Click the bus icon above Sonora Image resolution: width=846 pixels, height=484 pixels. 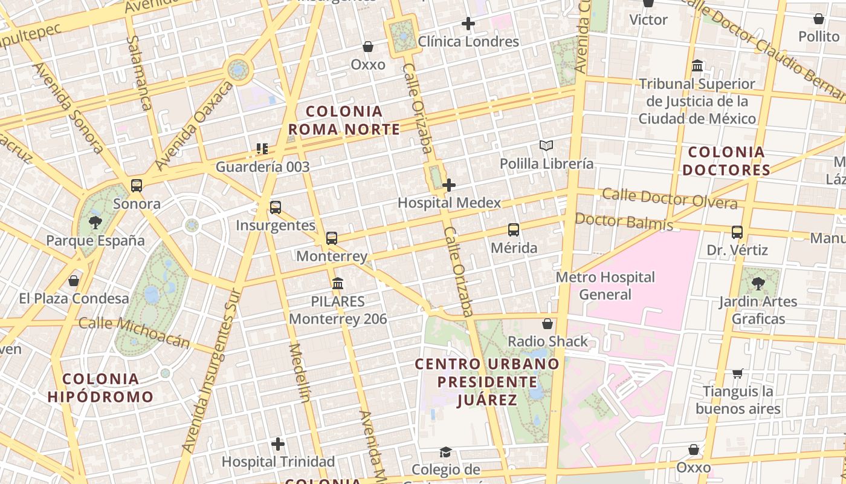pyautogui.click(x=137, y=186)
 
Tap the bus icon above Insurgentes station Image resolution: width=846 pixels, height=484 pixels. pyautogui.click(x=276, y=208)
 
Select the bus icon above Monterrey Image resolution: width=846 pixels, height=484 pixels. pyautogui.click(x=332, y=238)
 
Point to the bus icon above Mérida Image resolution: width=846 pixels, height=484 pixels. pyautogui.click(x=514, y=230)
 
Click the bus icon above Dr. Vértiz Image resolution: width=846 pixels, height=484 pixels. pyautogui.click(x=737, y=232)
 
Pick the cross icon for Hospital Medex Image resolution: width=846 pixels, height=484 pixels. pyautogui.click(x=449, y=185)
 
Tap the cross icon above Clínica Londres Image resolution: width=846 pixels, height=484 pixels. pyautogui.click(x=468, y=24)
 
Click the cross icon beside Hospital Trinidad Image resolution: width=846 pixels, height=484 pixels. pyautogui.click(x=278, y=445)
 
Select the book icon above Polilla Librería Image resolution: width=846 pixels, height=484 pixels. pyautogui.click(x=546, y=146)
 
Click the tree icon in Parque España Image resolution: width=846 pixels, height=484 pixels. pyautogui.click(x=95, y=223)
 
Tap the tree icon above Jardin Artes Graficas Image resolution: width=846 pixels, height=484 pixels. pyautogui.click(x=758, y=283)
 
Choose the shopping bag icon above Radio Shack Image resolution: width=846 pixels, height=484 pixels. pyautogui.click(x=547, y=324)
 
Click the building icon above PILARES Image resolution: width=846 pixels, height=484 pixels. pyautogui.click(x=338, y=283)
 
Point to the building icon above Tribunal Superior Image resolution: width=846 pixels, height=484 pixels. pyautogui.click(x=697, y=65)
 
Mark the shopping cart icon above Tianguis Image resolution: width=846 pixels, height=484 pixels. pyautogui.click(x=737, y=373)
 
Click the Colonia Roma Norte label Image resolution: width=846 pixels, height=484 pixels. pyautogui.click(x=344, y=120)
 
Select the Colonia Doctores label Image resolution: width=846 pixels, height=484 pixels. pyautogui.click(x=726, y=161)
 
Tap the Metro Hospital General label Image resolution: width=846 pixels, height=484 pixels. pyautogui.click(x=605, y=286)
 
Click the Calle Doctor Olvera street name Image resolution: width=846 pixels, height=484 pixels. pyautogui.click(x=670, y=198)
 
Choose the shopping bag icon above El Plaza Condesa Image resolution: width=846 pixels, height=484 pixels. pyautogui.click(x=74, y=281)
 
